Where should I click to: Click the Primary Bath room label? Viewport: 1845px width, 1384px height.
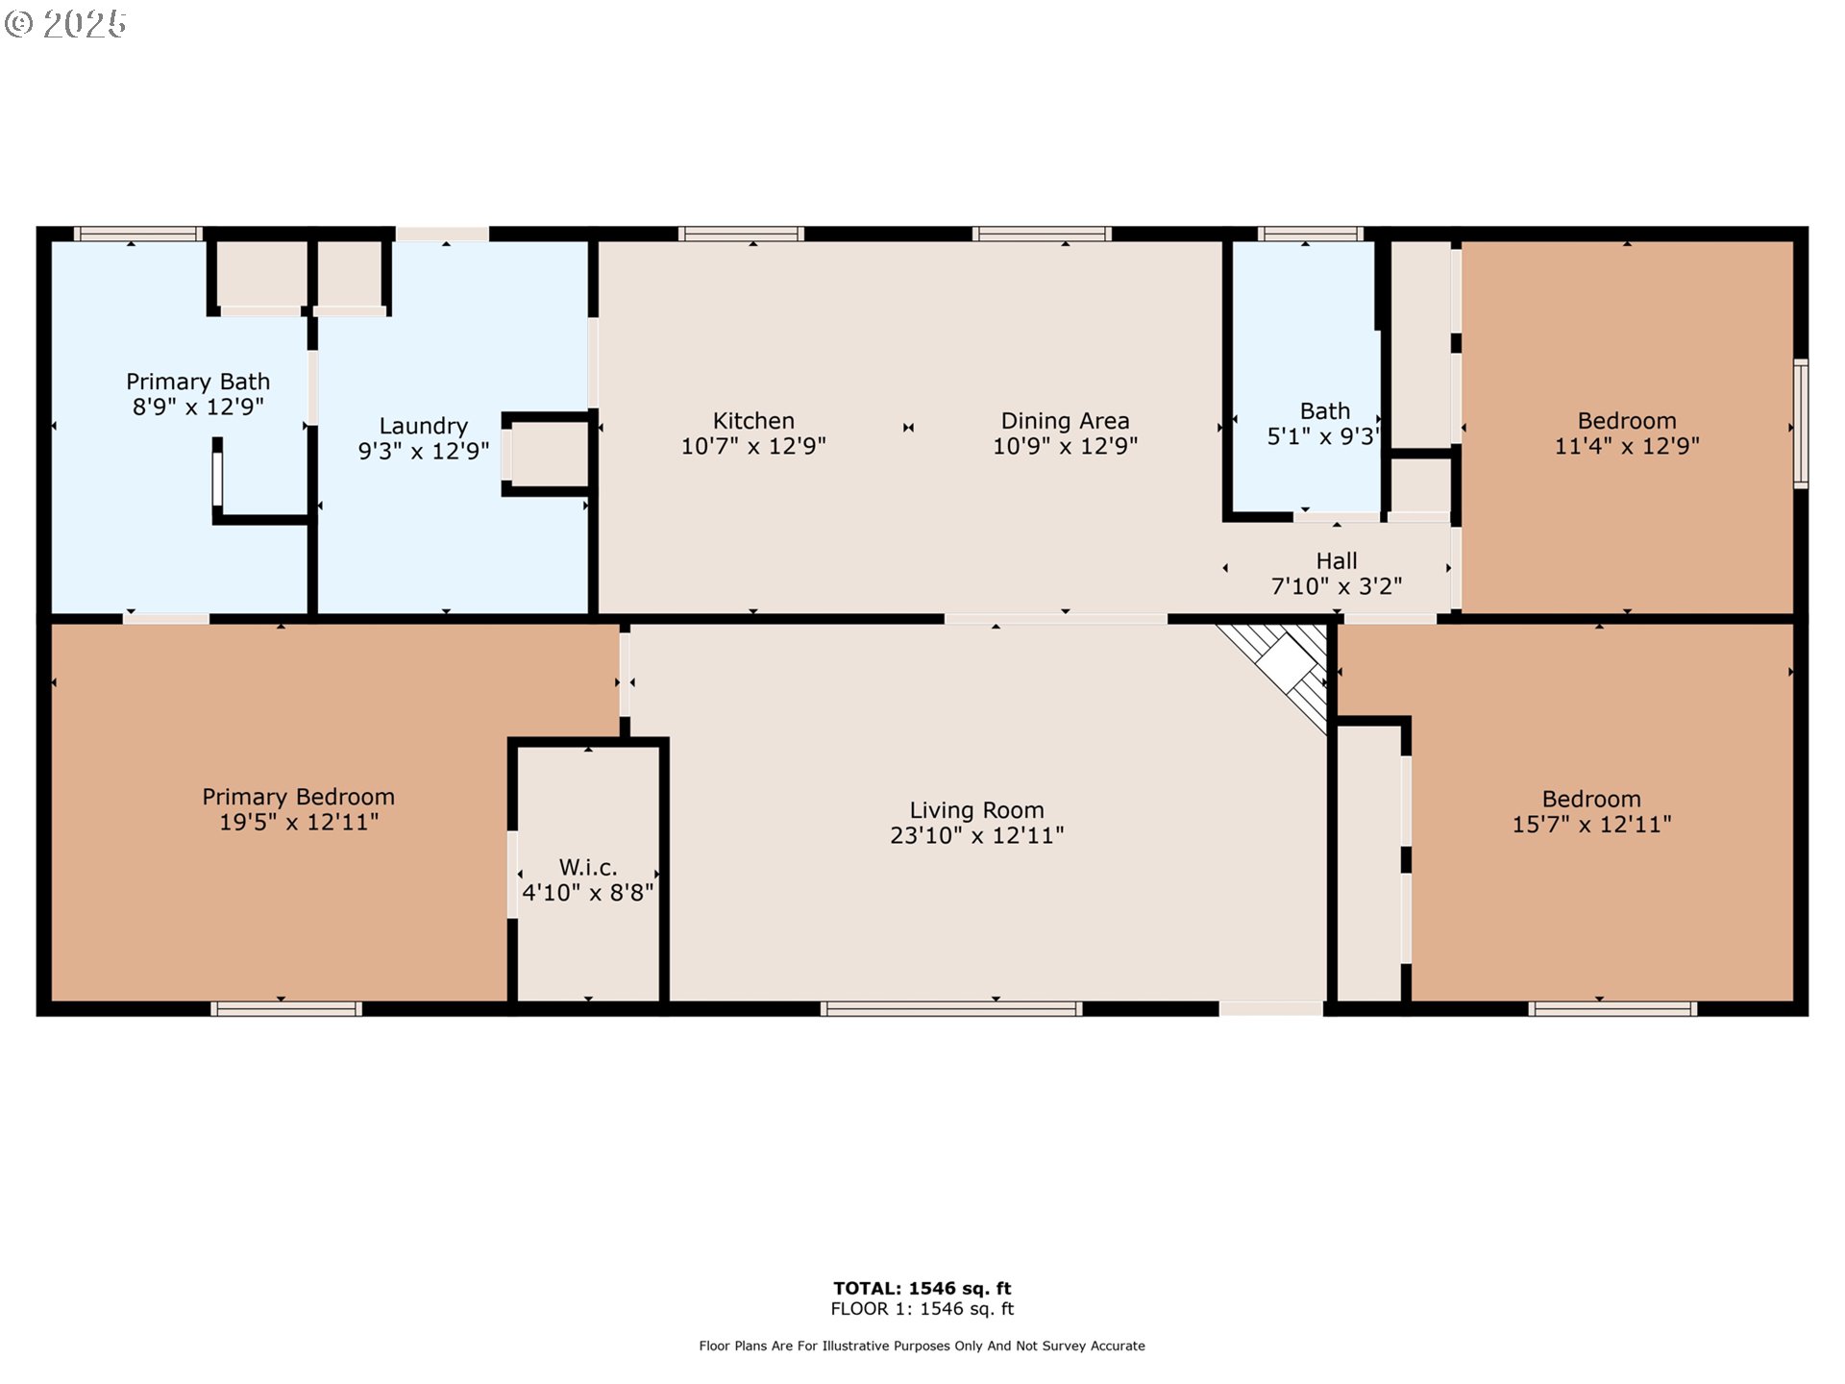pyautogui.click(x=198, y=382)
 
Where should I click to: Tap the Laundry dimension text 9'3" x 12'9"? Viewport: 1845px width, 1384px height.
pyautogui.click(x=424, y=451)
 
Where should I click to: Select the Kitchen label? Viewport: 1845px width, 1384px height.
pyautogui.click(x=753, y=421)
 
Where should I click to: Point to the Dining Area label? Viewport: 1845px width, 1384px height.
pyautogui.click(x=1065, y=421)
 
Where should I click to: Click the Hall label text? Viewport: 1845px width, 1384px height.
pyautogui.click(x=1337, y=560)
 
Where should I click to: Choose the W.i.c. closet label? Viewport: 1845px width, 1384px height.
pyautogui.click(x=588, y=868)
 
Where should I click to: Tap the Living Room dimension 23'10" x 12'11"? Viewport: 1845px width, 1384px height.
pyautogui.click(x=976, y=835)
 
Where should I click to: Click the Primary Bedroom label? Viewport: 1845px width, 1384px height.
pyautogui.click(x=298, y=797)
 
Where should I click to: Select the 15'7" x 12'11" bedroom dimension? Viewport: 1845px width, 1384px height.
pyautogui.click(x=1591, y=824)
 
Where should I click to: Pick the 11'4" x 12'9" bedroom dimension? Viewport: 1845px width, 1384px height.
pyautogui.click(x=1627, y=445)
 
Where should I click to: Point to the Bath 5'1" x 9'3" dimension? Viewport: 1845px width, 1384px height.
pyautogui.click(x=1323, y=436)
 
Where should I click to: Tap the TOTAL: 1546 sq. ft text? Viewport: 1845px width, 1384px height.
pyautogui.click(x=922, y=1288)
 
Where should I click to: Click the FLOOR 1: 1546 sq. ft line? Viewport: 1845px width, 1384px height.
pyautogui.click(x=922, y=1309)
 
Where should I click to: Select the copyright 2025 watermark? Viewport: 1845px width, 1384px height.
pyautogui.click(x=65, y=24)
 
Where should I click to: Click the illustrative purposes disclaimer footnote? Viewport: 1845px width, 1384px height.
pyautogui.click(x=922, y=1346)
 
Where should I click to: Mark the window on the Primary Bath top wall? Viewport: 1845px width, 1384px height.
pyautogui.click(x=138, y=234)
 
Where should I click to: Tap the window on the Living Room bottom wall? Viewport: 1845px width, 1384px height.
pyautogui.click(x=951, y=1008)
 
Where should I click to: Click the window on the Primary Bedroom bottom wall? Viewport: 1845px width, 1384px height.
pyautogui.click(x=286, y=1008)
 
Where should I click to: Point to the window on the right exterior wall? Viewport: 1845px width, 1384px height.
pyautogui.click(x=1801, y=423)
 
